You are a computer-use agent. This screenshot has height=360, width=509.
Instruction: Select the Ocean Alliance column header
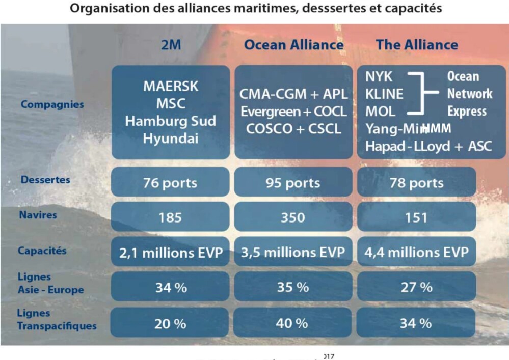click(x=293, y=45)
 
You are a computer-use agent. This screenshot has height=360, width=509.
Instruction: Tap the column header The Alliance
click(x=417, y=45)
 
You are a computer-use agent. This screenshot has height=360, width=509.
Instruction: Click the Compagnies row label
click(x=45, y=104)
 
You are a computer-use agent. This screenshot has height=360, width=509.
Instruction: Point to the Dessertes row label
click(x=45, y=180)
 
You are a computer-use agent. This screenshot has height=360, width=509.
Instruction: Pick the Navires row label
click(x=39, y=215)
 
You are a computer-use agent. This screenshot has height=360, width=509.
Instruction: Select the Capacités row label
click(x=42, y=251)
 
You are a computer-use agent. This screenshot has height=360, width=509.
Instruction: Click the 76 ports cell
click(x=170, y=183)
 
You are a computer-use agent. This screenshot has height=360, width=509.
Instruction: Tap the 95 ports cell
click(x=293, y=183)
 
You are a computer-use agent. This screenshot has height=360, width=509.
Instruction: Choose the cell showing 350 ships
click(x=293, y=217)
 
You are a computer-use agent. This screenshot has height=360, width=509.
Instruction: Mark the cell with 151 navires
click(x=416, y=217)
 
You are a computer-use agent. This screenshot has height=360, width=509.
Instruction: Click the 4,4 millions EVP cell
click(x=416, y=252)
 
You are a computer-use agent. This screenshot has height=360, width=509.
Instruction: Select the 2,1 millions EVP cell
click(x=170, y=252)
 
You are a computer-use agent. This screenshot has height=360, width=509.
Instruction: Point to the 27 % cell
click(x=416, y=287)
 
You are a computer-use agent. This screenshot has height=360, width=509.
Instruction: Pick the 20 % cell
click(x=170, y=323)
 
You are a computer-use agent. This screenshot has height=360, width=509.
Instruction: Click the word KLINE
click(x=384, y=94)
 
